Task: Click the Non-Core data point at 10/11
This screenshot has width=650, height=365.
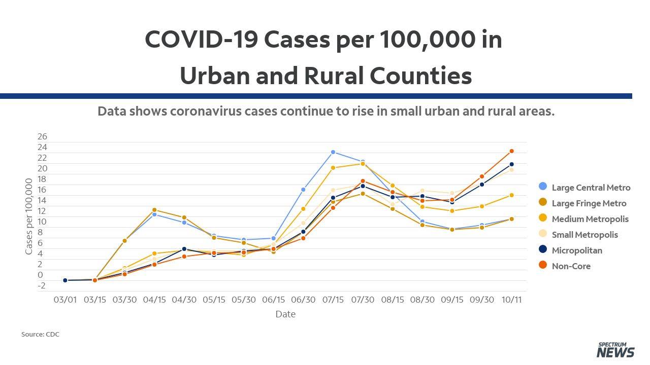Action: click(511, 151)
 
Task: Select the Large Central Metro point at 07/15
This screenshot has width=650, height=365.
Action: click(333, 152)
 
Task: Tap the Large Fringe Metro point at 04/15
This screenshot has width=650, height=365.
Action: click(154, 210)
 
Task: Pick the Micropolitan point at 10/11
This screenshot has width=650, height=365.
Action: click(511, 164)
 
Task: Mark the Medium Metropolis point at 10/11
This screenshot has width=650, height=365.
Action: click(511, 195)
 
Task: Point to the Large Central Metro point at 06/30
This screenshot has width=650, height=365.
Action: click(303, 190)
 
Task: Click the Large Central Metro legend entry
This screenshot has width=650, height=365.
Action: click(584, 187)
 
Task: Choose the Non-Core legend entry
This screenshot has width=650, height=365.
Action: click(564, 266)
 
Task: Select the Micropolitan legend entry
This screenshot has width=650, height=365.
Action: click(570, 250)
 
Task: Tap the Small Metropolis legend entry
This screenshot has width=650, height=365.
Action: click(578, 234)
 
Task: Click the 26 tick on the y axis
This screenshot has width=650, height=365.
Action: click(42, 136)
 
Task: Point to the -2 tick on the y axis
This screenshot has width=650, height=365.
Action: click(42, 285)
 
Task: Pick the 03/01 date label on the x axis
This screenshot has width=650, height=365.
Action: click(66, 300)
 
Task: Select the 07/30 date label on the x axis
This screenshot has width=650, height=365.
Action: click(363, 300)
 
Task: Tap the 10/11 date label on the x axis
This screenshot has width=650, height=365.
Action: click(511, 300)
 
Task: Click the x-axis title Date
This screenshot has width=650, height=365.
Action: click(285, 314)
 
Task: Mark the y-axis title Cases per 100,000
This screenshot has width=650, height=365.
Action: click(28, 216)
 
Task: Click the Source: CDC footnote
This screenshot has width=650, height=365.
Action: click(40, 334)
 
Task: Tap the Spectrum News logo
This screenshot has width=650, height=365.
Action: click(615, 350)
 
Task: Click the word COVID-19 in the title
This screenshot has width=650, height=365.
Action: click(202, 39)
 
